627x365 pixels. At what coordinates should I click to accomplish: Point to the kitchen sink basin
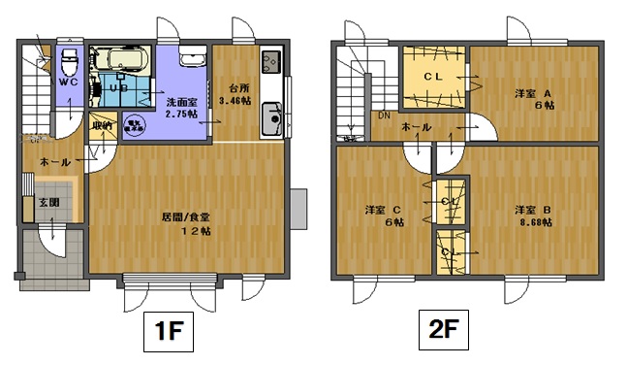pyautogui.click(x=270, y=123)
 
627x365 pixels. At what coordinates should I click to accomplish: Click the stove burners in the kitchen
pyautogui.click(x=270, y=62)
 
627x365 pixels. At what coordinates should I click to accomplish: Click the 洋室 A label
pyautogui.click(x=533, y=93)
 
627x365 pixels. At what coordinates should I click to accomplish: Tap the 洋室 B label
pyautogui.click(x=532, y=210)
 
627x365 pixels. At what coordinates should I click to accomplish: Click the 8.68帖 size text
pyautogui.click(x=534, y=222)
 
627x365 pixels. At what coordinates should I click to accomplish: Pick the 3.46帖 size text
pyautogui.click(x=235, y=99)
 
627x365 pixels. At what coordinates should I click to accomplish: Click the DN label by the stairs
pyautogui.click(x=385, y=115)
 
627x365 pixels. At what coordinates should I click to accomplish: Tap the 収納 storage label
pyautogui.click(x=102, y=126)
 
